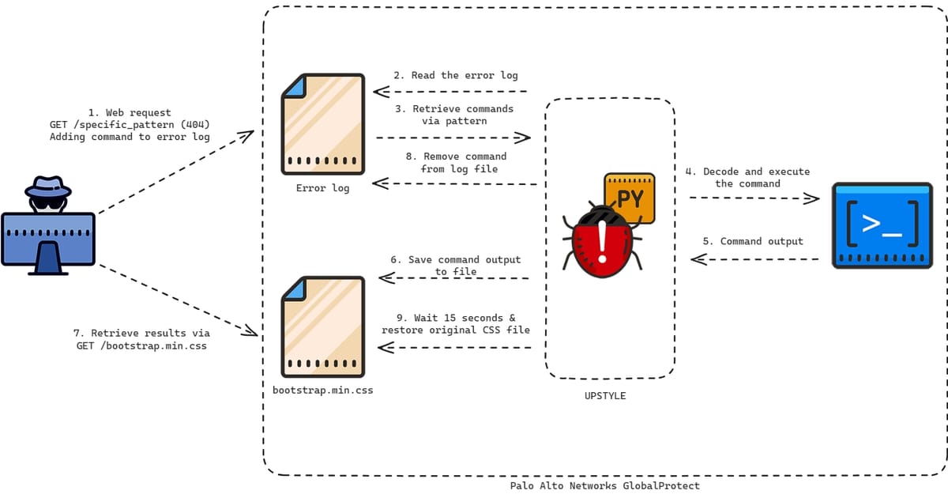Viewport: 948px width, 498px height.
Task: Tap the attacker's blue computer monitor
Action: pyautogui.click(x=48, y=238)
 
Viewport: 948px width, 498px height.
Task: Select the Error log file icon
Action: pyautogui.click(x=323, y=124)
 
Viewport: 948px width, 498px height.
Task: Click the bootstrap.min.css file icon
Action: pyautogui.click(x=323, y=326)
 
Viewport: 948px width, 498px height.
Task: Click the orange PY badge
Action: pyautogui.click(x=630, y=198)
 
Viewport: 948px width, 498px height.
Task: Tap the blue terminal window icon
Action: pyautogui.click(x=882, y=226)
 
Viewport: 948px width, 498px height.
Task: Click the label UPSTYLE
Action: pyautogui.click(x=600, y=395)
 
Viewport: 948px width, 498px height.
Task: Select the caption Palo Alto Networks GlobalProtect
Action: pyautogui.click(x=604, y=486)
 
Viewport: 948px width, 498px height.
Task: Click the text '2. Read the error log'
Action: pyautogui.click(x=456, y=75)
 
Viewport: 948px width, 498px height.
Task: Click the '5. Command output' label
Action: pyautogui.click(x=753, y=241)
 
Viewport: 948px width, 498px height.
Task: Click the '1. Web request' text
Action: pyautogui.click(x=130, y=113)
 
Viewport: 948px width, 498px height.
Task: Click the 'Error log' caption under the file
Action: pyautogui.click(x=322, y=188)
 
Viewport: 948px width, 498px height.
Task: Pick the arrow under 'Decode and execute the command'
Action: pyautogui.click(x=754, y=198)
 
